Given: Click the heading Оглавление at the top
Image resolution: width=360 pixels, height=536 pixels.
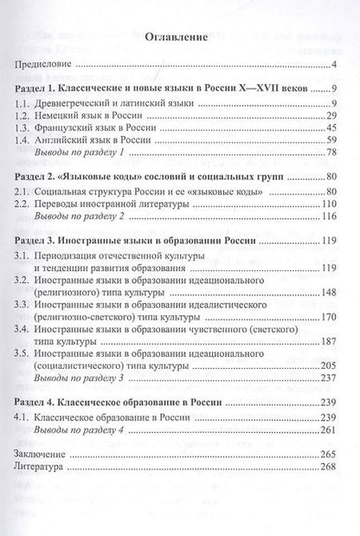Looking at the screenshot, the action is (x=179, y=38).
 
